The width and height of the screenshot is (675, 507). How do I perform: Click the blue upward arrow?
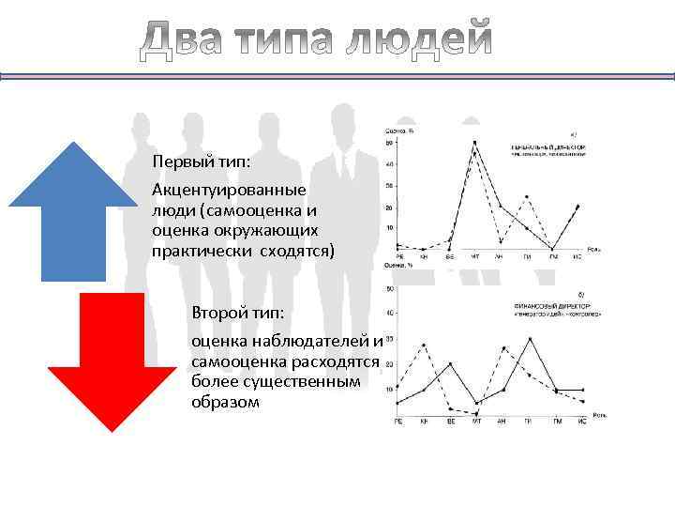pyautogui.click(x=72, y=211)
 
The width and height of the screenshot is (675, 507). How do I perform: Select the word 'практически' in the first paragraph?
pyautogui.click(x=192, y=251)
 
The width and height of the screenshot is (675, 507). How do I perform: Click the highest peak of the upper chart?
pyautogui.click(x=474, y=143)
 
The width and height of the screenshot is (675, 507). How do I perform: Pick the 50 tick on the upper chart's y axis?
pyautogui.click(x=389, y=144)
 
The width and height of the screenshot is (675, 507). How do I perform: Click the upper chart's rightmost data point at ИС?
pyautogui.click(x=577, y=206)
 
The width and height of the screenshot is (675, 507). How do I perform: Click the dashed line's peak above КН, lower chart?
pyautogui.click(x=425, y=346)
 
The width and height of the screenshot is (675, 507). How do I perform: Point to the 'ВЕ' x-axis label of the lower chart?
pyautogui.click(x=450, y=422)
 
